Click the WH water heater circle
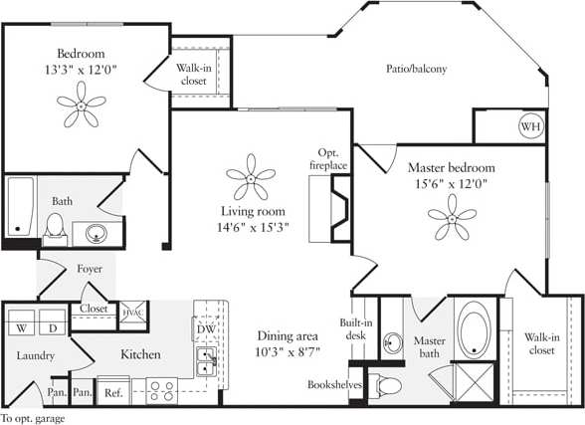coord(529,127)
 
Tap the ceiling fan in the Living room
coord(251,179)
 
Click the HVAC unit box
coord(131,314)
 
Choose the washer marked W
coord(20,325)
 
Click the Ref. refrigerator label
coord(113,393)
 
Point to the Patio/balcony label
coord(416,69)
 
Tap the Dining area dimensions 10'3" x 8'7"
coord(289,352)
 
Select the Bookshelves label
coord(334,383)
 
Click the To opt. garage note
coord(33,418)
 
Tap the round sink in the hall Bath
coord(97,234)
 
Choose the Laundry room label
coord(35,355)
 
